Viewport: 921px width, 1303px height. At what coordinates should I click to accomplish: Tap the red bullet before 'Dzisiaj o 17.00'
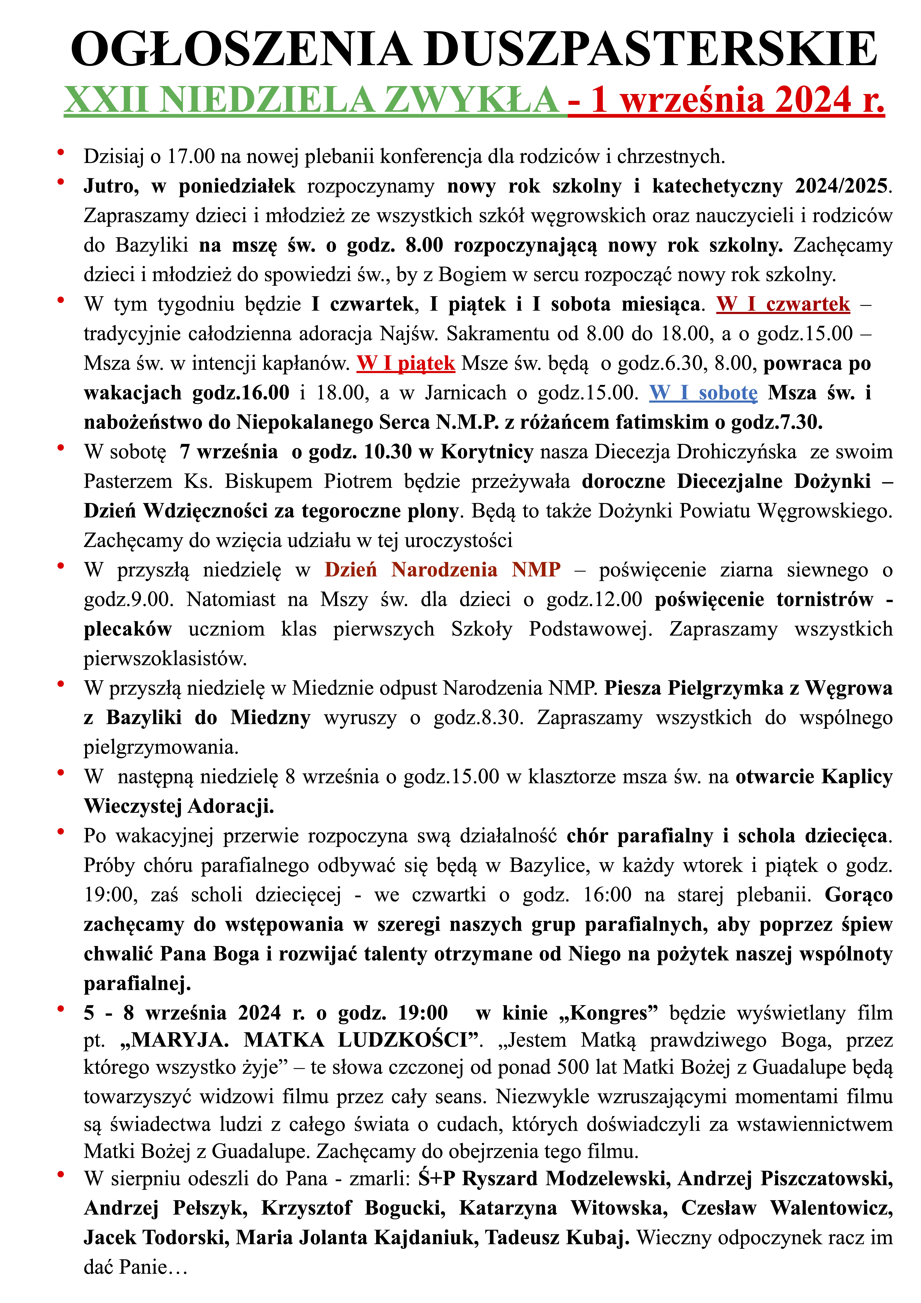[x=60, y=152]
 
